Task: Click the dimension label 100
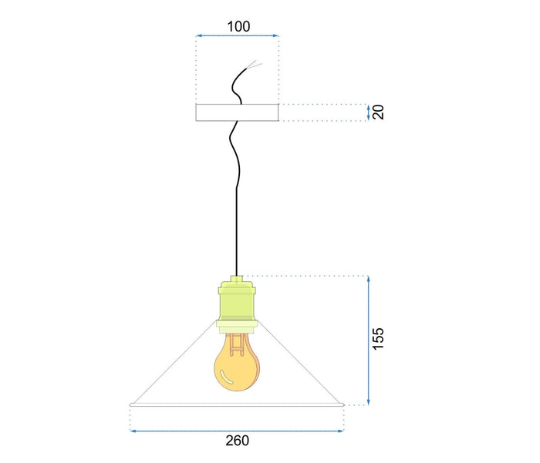238,26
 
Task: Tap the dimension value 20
378,112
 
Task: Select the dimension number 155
378,339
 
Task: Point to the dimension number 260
238,441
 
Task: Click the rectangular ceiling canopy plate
237,112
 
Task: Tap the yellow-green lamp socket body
237,301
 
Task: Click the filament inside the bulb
237,344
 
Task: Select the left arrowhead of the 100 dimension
198,35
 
